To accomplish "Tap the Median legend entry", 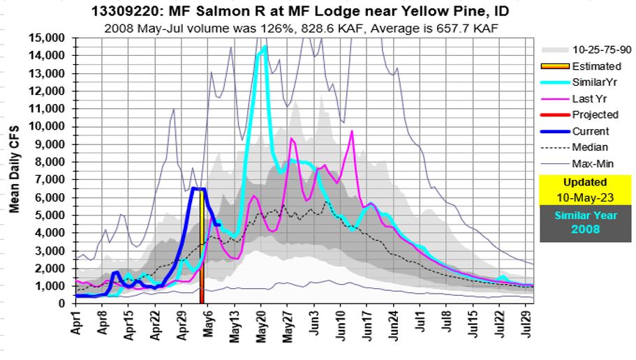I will [589, 147].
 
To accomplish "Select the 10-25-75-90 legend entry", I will [600, 50].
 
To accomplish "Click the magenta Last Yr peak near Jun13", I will [352, 131].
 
